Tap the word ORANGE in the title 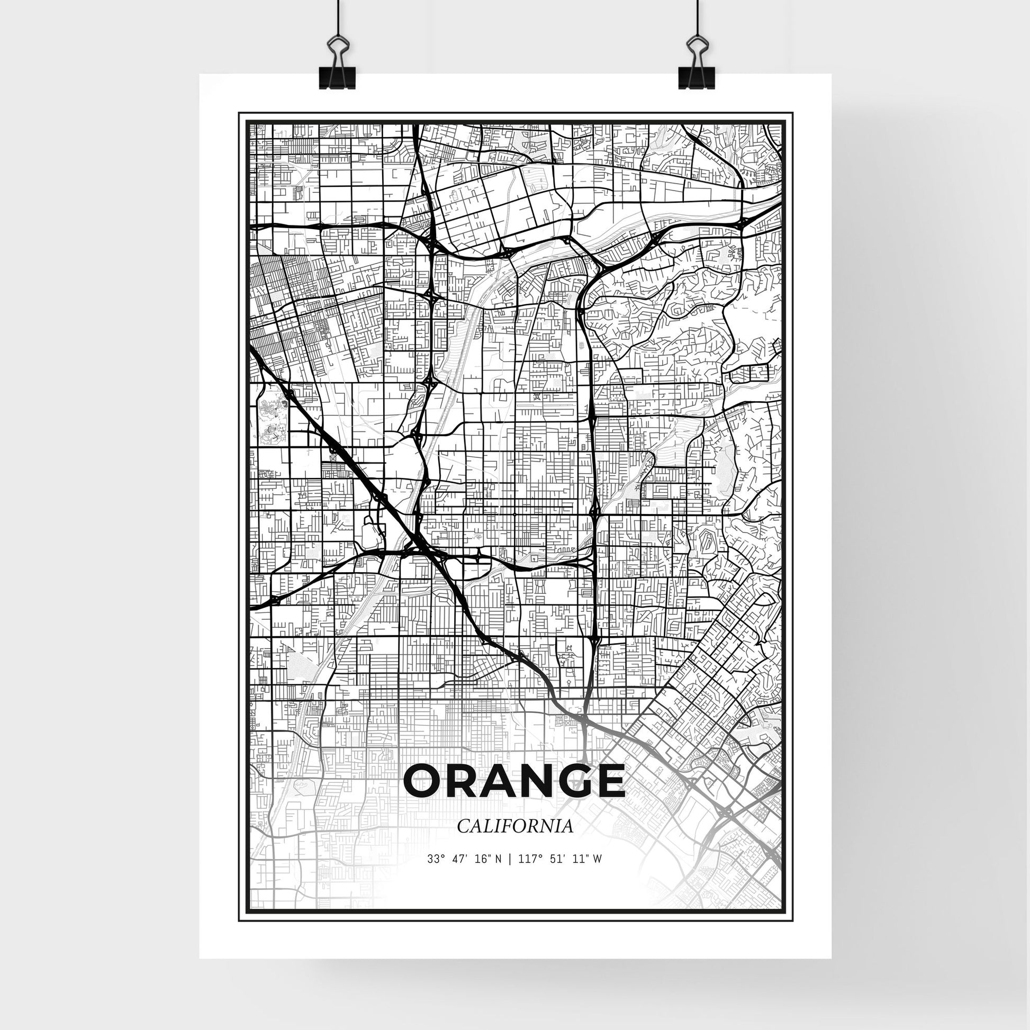click(x=514, y=781)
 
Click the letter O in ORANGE click(x=424, y=781)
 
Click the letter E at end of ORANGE click(x=608, y=781)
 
